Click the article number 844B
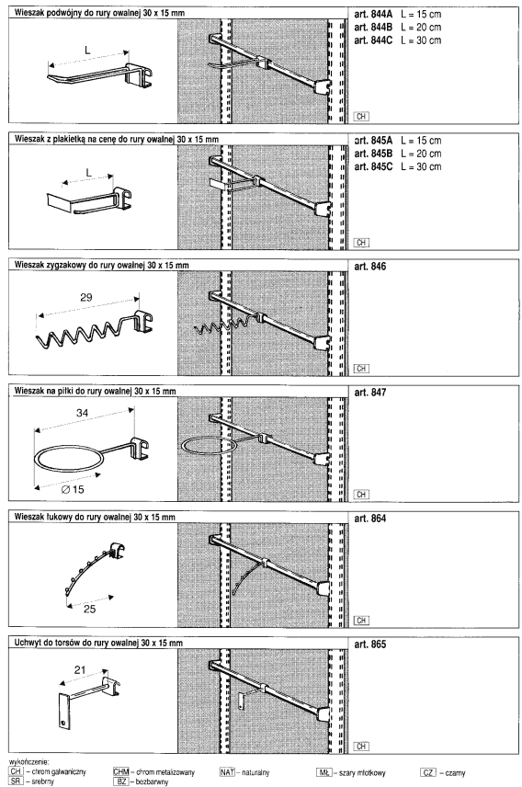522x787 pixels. pyautogui.click(x=373, y=27)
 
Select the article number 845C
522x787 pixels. pyautogui.click(x=373, y=166)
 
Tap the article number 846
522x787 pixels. pyautogui.click(x=370, y=267)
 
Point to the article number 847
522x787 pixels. pyautogui.click(x=370, y=393)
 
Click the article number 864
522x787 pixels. pyautogui.click(x=370, y=519)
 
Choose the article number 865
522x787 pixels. pyautogui.click(x=370, y=644)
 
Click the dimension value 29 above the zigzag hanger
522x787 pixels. pyautogui.click(x=86, y=297)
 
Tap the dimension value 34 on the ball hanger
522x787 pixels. pyautogui.click(x=83, y=413)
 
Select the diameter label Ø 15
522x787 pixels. pyautogui.click(x=73, y=489)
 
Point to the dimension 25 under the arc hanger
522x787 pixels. pyautogui.click(x=89, y=609)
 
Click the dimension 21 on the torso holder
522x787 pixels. pyautogui.click(x=80, y=669)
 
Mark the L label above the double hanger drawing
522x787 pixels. pyautogui.click(x=87, y=50)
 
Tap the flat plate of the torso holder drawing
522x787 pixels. pyautogui.click(x=63, y=712)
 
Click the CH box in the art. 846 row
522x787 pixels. pyautogui.click(x=361, y=369)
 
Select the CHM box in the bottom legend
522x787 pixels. pyautogui.click(x=121, y=772)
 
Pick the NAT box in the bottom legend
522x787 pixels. pyautogui.click(x=227, y=772)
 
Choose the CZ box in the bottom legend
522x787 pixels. pyautogui.click(x=428, y=772)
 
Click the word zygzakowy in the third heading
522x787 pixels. pyautogui.click(x=65, y=265)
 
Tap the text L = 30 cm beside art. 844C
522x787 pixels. pyautogui.click(x=421, y=40)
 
